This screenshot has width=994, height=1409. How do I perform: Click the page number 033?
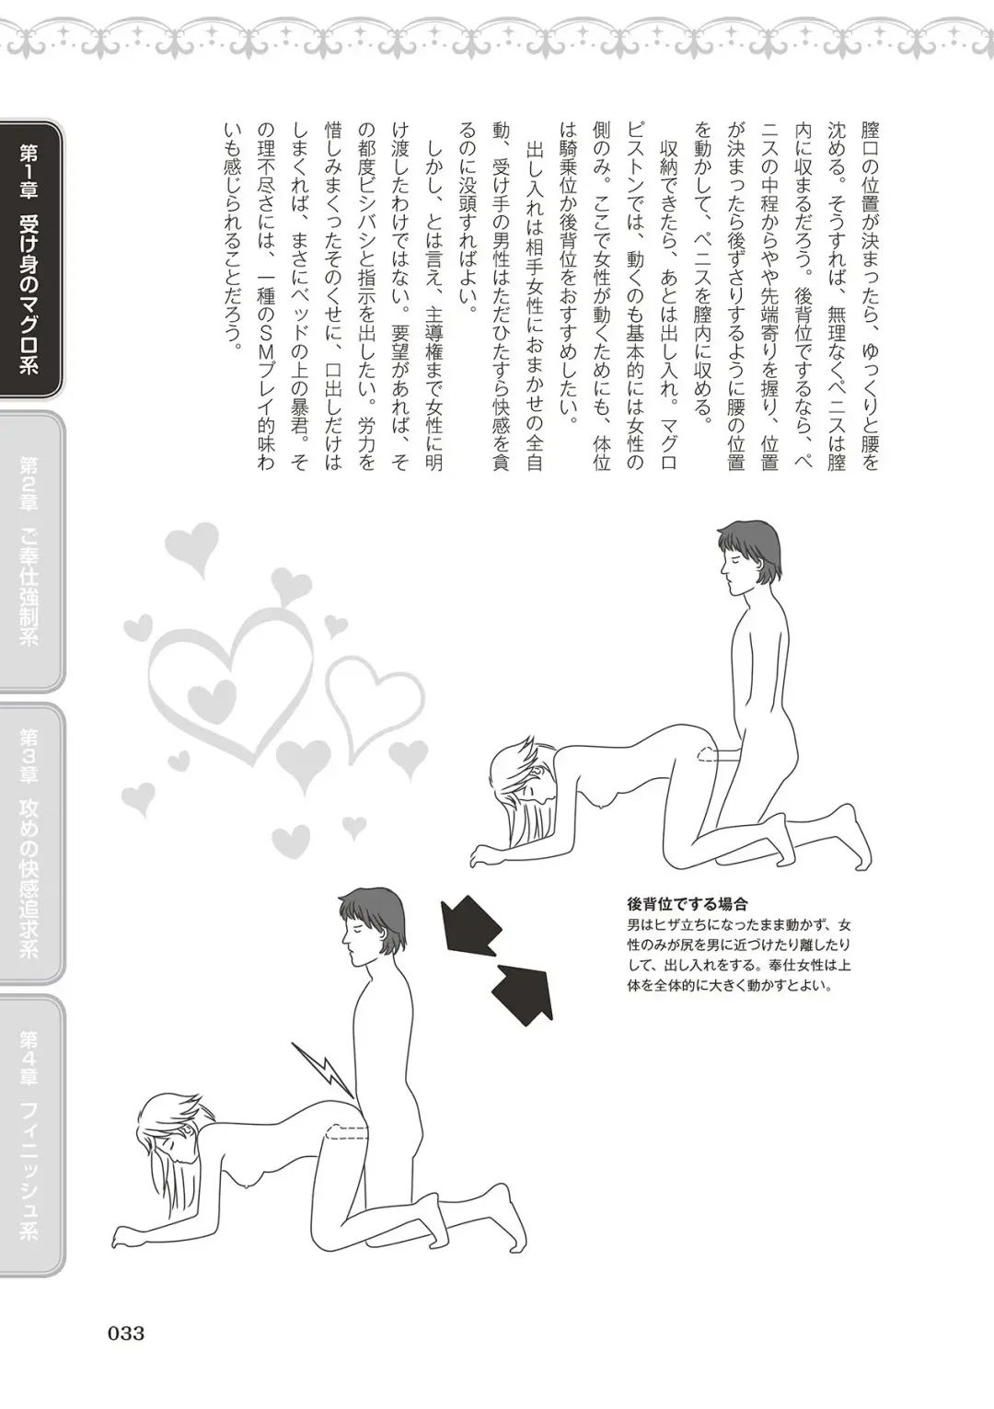coord(126,1333)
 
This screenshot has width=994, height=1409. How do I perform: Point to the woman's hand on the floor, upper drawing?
coord(488,856)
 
